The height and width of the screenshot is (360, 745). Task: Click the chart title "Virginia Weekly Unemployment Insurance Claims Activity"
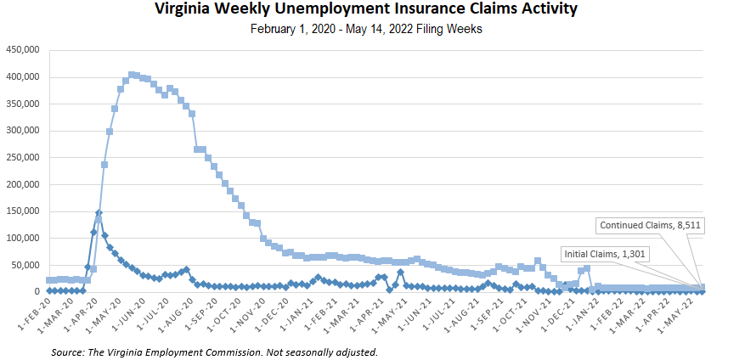(x=366, y=10)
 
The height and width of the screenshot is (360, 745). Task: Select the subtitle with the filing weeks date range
(x=366, y=30)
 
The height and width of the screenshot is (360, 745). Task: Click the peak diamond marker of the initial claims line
(x=99, y=212)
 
